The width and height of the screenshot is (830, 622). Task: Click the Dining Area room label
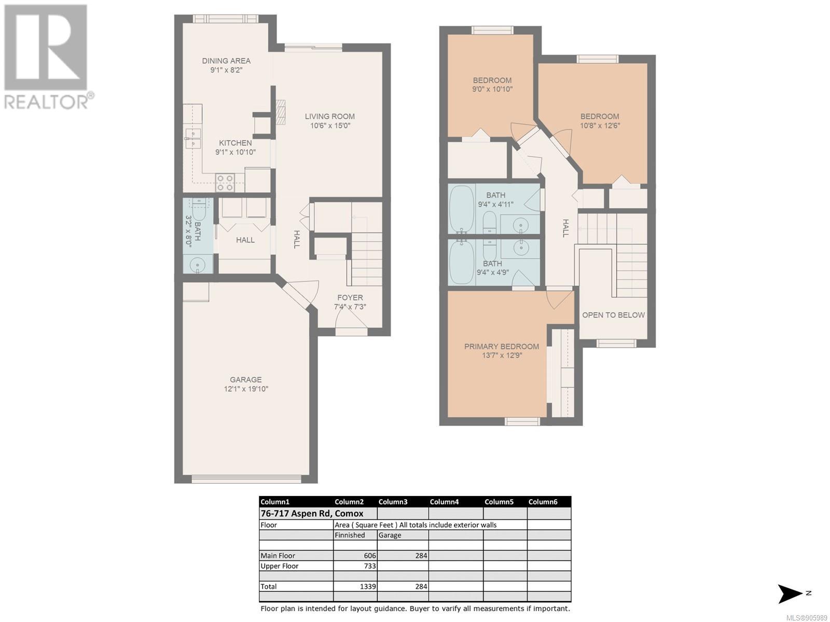coord(226,61)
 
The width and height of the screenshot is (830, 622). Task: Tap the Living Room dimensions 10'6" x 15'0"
coord(330,126)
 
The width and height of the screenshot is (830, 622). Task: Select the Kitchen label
coord(236,143)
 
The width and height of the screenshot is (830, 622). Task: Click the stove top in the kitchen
coord(225,182)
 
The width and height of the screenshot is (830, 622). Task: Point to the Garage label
coord(246,379)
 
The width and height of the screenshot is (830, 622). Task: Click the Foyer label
coord(350,298)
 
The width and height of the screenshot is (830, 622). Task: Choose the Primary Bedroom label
coord(502,346)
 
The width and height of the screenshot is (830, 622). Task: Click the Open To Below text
coord(613,315)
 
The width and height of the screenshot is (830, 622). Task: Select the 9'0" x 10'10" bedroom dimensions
coord(492,89)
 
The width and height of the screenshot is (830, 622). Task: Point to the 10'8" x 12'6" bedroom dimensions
coord(600,125)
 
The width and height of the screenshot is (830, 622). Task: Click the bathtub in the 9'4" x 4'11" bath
coord(461,209)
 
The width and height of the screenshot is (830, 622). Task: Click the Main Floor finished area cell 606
coord(370,556)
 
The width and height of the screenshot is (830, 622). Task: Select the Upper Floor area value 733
coord(370,566)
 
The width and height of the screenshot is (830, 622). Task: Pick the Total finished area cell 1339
coord(368,587)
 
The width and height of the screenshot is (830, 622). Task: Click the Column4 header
coord(444,502)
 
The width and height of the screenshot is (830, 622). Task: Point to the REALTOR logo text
coord(46,102)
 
